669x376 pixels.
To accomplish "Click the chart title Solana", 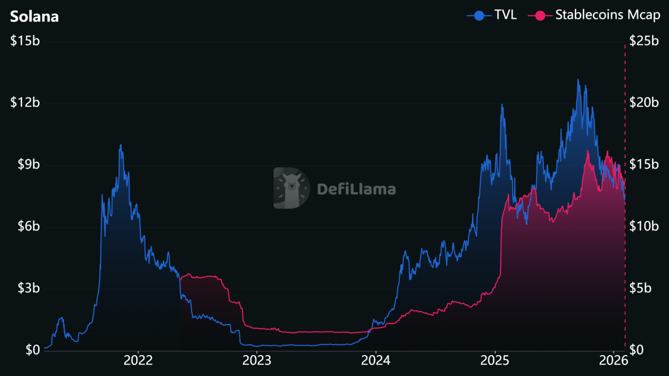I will (x=34, y=17).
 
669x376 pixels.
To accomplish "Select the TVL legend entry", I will (x=492, y=15).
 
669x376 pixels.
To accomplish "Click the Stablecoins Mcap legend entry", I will (x=594, y=15).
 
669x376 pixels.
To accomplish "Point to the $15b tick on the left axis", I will (x=25, y=41).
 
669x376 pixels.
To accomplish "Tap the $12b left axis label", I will (x=25, y=103).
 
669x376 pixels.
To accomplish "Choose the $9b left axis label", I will (x=28, y=164).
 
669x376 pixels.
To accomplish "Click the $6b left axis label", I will (x=28, y=226).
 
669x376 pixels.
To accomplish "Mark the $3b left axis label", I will (x=28, y=288).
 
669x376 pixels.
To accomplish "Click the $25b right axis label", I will (x=644, y=41).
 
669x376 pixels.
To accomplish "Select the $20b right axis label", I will (x=644, y=103).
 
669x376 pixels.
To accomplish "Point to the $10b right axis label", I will (x=644, y=226).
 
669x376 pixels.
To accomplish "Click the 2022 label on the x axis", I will (x=138, y=360).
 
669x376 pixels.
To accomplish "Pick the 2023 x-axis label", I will (x=257, y=360).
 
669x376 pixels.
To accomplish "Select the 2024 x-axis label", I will (x=376, y=360).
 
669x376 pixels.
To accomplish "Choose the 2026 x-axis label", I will (x=613, y=360).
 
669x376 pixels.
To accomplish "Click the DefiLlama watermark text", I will (x=356, y=189).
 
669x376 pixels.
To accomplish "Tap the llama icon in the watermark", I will (x=291, y=188).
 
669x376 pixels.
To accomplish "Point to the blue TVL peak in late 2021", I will (x=121, y=145).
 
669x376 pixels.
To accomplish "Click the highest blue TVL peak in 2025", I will (x=578, y=80).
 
